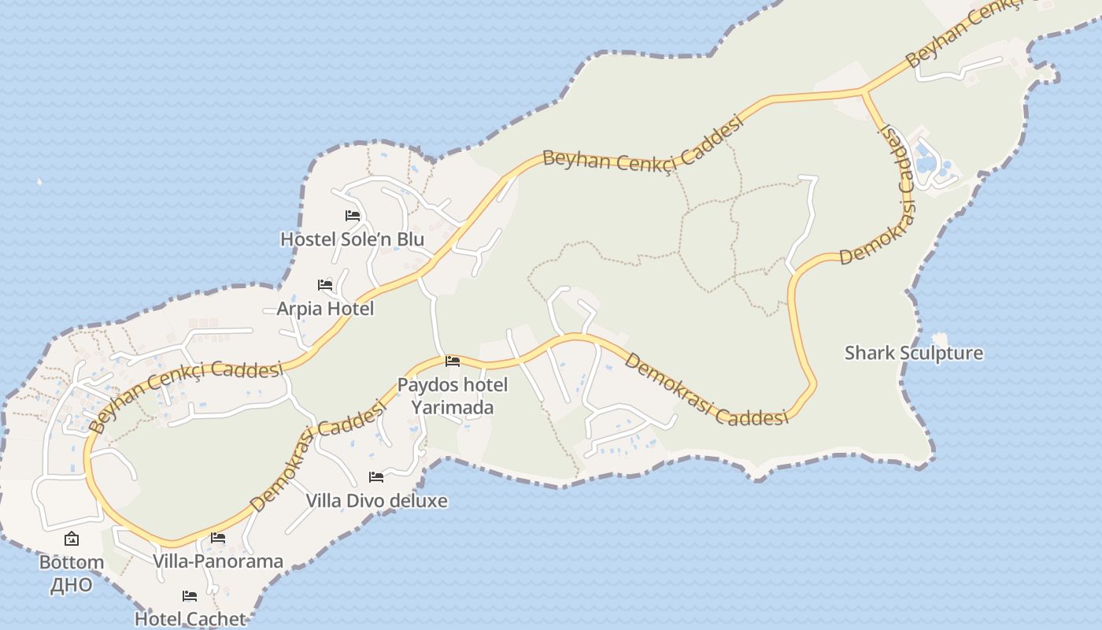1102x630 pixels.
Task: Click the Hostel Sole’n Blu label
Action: [x=352, y=239]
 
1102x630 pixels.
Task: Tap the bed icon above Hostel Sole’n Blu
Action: [x=352, y=215]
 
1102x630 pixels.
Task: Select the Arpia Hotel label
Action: [x=325, y=309]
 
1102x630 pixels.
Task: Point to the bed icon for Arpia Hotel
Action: [x=325, y=284]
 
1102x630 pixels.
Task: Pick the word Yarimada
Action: [x=453, y=407]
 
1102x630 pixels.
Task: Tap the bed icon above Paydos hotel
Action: [x=453, y=361]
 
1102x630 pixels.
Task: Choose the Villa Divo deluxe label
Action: [x=376, y=501]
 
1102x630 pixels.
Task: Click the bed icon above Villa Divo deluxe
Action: [x=376, y=476]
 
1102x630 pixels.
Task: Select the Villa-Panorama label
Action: [x=218, y=561]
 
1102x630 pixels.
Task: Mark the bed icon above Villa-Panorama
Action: [x=218, y=538]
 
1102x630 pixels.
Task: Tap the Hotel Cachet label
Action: [x=190, y=619]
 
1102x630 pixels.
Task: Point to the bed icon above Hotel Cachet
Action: [x=190, y=595]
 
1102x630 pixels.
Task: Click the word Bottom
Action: [x=72, y=562]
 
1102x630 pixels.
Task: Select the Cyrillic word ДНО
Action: [x=72, y=585]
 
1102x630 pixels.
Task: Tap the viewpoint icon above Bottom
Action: [x=72, y=539]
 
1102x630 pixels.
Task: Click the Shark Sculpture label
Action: [x=914, y=353]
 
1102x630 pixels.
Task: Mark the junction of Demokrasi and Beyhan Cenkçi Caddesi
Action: [x=864, y=92]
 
